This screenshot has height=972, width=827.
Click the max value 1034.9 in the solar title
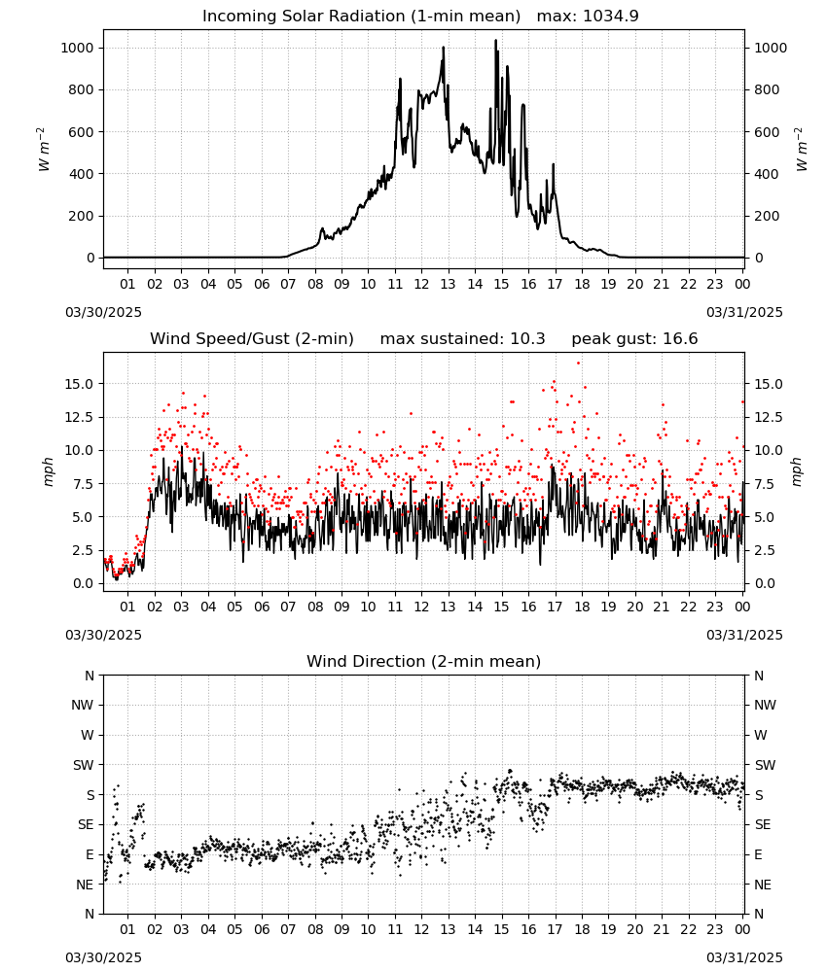(x=611, y=17)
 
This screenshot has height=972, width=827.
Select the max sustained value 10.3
(x=527, y=339)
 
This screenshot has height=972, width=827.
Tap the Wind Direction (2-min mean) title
(x=424, y=661)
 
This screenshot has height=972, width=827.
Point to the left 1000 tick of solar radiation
(x=78, y=48)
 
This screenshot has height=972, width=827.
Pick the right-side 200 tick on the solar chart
(x=767, y=217)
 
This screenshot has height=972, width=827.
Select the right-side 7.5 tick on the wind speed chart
(x=764, y=484)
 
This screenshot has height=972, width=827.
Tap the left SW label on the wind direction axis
(x=83, y=766)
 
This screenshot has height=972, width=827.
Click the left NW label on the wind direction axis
(x=83, y=706)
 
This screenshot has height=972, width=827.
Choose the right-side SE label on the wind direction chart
(x=763, y=825)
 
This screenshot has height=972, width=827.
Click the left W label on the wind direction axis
(x=88, y=736)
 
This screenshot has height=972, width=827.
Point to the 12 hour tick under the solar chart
(x=421, y=285)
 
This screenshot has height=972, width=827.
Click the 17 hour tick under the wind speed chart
(x=555, y=607)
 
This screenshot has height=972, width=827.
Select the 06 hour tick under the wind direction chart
(x=262, y=930)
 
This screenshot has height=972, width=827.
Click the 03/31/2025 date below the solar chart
(x=744, y=312)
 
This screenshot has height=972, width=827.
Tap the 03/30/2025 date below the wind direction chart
(x=103, y=958)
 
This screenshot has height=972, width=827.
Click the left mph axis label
(x=49, y=471)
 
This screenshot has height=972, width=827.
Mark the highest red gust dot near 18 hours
(x=578, y=364)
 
